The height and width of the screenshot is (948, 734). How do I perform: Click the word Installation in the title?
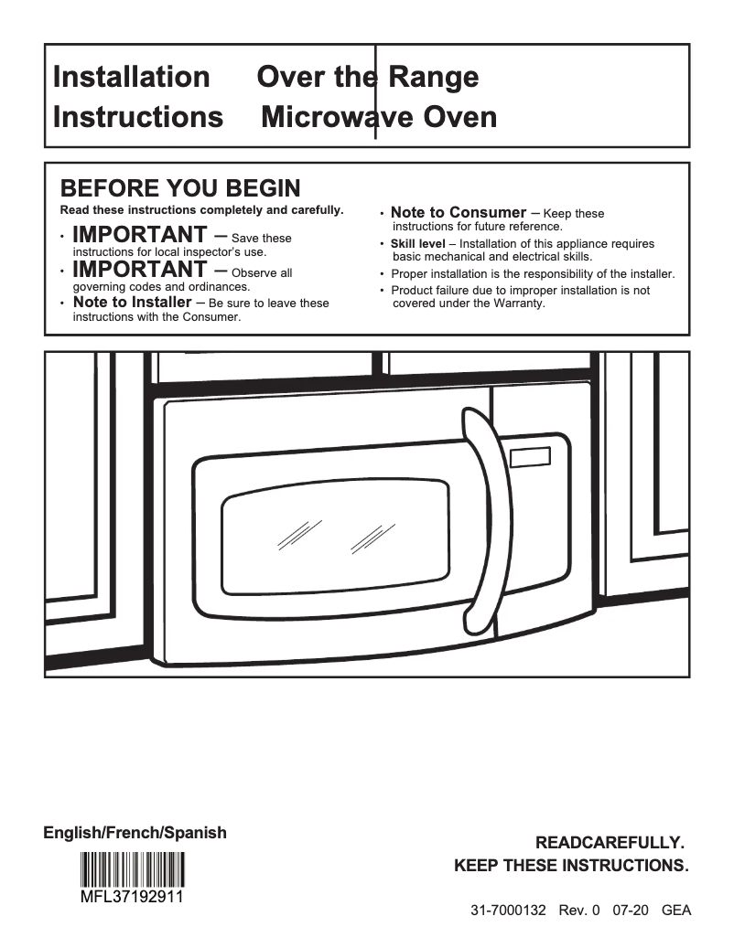(x=131, y=77)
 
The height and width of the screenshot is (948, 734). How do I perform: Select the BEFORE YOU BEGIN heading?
(x=179, y=189)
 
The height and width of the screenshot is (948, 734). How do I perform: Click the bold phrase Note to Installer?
(x=132, y=303)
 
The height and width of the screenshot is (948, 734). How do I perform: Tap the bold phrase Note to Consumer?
(x=459, y=212)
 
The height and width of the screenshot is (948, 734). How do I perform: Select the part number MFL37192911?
(x=132, y=896)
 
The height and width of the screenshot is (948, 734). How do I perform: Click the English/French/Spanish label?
(x=135, y=833)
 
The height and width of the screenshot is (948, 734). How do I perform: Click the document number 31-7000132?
(x=508, y=911)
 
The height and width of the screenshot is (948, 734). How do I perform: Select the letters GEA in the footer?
(x=675, y=911)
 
